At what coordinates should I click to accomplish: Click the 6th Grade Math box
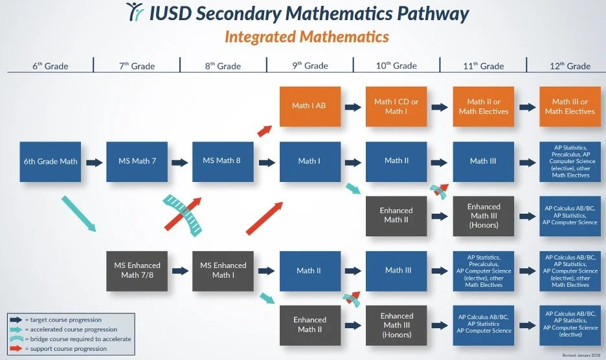tap(50, 161)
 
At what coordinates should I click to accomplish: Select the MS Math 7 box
tap(137, 161)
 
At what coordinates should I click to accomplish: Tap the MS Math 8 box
tap(222, 161)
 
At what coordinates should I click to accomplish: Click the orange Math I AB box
tap(309, 106)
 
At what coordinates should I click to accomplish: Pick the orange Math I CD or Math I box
tap(396, 106)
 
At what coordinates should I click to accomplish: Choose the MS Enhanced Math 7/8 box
tap(137, 271)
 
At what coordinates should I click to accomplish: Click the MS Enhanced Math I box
tap(222, 271)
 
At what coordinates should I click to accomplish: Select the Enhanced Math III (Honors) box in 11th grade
tap(484, 216)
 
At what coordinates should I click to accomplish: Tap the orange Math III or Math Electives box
tap(570, 106)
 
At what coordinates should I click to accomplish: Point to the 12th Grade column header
tap(570, 66)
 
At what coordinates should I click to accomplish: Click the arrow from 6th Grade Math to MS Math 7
tap(94, 162)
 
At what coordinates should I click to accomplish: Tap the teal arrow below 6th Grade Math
tap(79, 215)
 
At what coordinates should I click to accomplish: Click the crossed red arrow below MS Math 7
tap(180, 214)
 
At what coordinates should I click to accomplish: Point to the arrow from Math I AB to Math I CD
tap(353, 107)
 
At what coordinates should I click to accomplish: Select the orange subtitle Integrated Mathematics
tap(306, 36)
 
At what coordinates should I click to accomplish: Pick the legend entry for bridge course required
tap(71, 339)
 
